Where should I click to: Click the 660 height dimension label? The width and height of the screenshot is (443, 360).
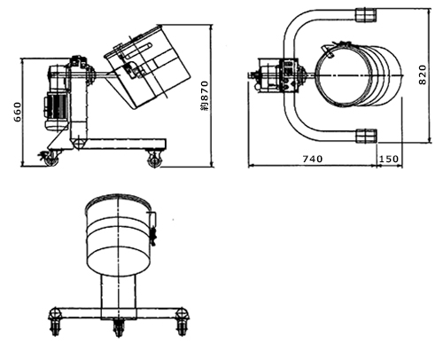tap(18, 112)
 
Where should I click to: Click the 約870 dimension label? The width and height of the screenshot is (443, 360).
tap(205, 96)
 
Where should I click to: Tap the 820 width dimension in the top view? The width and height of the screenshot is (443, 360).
tap(423, 75)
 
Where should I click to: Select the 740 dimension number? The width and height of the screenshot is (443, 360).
tap(313, 159)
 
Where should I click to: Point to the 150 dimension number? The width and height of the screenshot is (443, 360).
tap(389, 159)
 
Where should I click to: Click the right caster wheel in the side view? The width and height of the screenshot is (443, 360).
tap(154, 160)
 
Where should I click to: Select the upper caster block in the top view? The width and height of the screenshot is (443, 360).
tap(366, 15)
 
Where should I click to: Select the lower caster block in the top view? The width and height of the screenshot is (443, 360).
tap(367, 136)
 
